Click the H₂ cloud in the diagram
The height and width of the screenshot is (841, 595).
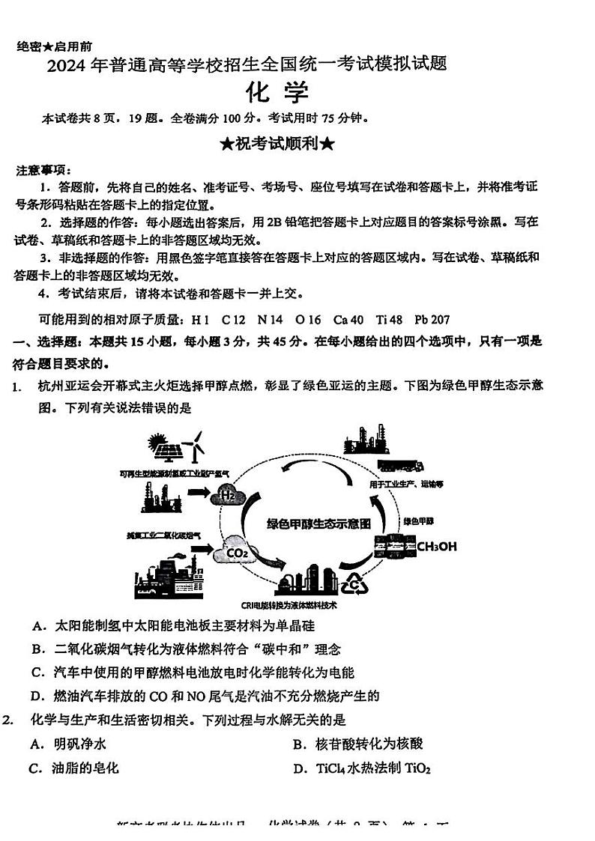pos(228,496)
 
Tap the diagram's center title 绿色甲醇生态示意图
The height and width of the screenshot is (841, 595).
pos(318,524)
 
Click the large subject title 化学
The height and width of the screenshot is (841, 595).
pos(277,93)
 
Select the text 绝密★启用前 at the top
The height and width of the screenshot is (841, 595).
pos(55,46)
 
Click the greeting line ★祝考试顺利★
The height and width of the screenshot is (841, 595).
pos(277,143)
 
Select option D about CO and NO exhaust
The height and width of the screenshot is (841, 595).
pos(205,696)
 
